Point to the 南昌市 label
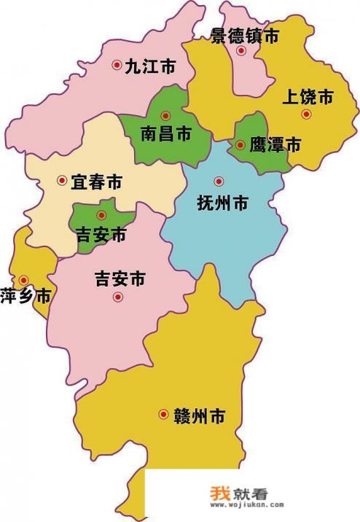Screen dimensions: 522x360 (166, 133)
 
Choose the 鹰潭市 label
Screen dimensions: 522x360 (275, 145)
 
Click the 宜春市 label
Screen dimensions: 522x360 (95, 182)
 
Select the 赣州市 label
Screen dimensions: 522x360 (199, 416)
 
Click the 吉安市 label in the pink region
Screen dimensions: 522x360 (120, 278)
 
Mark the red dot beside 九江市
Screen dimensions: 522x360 (116, 65)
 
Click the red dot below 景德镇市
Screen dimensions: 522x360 (241, 50)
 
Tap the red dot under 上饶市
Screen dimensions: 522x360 (306, 114)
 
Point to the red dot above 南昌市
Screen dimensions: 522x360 (165, 114)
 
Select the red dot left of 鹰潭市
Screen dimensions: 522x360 (240, 145)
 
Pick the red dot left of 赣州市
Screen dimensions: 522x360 (163, 415)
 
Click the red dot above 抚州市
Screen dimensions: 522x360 (217, 181)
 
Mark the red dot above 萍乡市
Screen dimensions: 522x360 (24, 279)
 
